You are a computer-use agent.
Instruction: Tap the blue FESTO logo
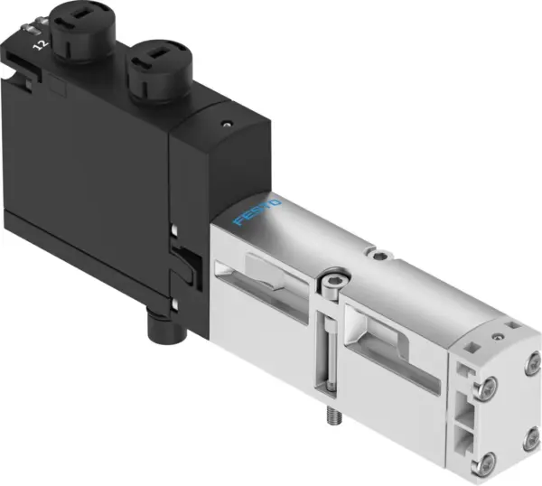(258, 208)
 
